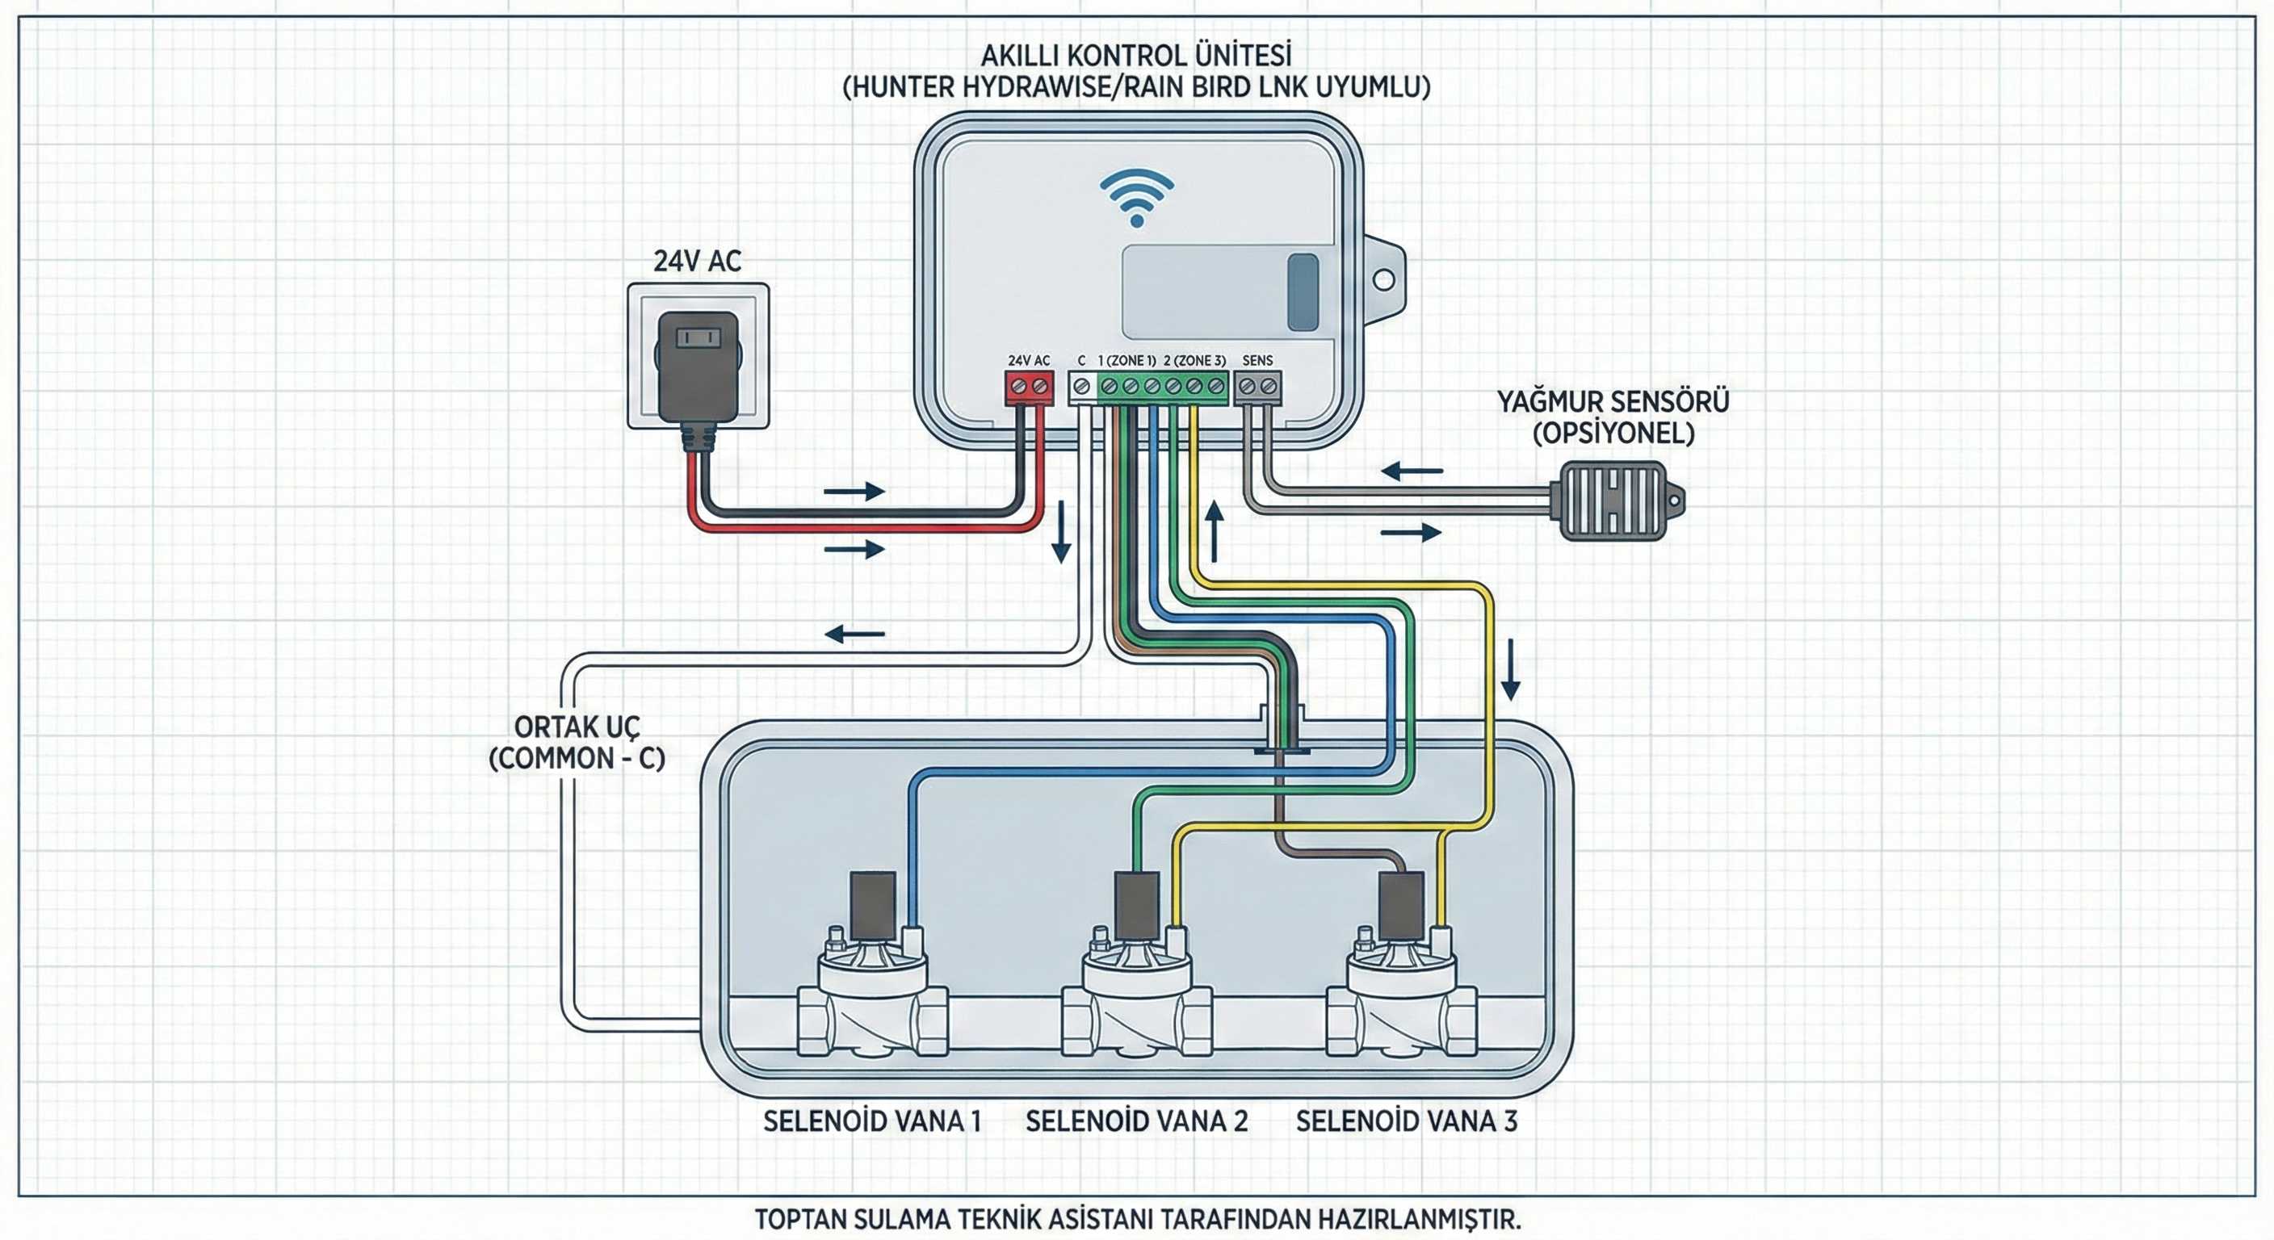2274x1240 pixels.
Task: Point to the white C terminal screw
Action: [1081, 387]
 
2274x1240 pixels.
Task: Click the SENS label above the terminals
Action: [1257, 360]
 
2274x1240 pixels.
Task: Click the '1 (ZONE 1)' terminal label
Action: [1127, 360]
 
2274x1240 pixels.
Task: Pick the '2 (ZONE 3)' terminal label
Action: [1194, 360]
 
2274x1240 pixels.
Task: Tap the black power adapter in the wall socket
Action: [699, 366]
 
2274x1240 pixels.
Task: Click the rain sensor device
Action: [1614, 501]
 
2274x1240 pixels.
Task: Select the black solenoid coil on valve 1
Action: [873, 907]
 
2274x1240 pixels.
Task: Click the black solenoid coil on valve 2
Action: [1137, 907]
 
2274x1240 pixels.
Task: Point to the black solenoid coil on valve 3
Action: [1401, 907]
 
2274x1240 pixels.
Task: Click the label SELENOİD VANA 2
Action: [1136, 1121]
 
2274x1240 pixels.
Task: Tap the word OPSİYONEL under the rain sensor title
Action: [1613, 434]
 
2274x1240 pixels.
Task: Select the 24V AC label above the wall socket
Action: [698, 262]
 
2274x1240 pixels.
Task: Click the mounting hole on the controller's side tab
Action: [1383, 280]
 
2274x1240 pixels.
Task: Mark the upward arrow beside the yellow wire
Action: [1215, 531]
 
